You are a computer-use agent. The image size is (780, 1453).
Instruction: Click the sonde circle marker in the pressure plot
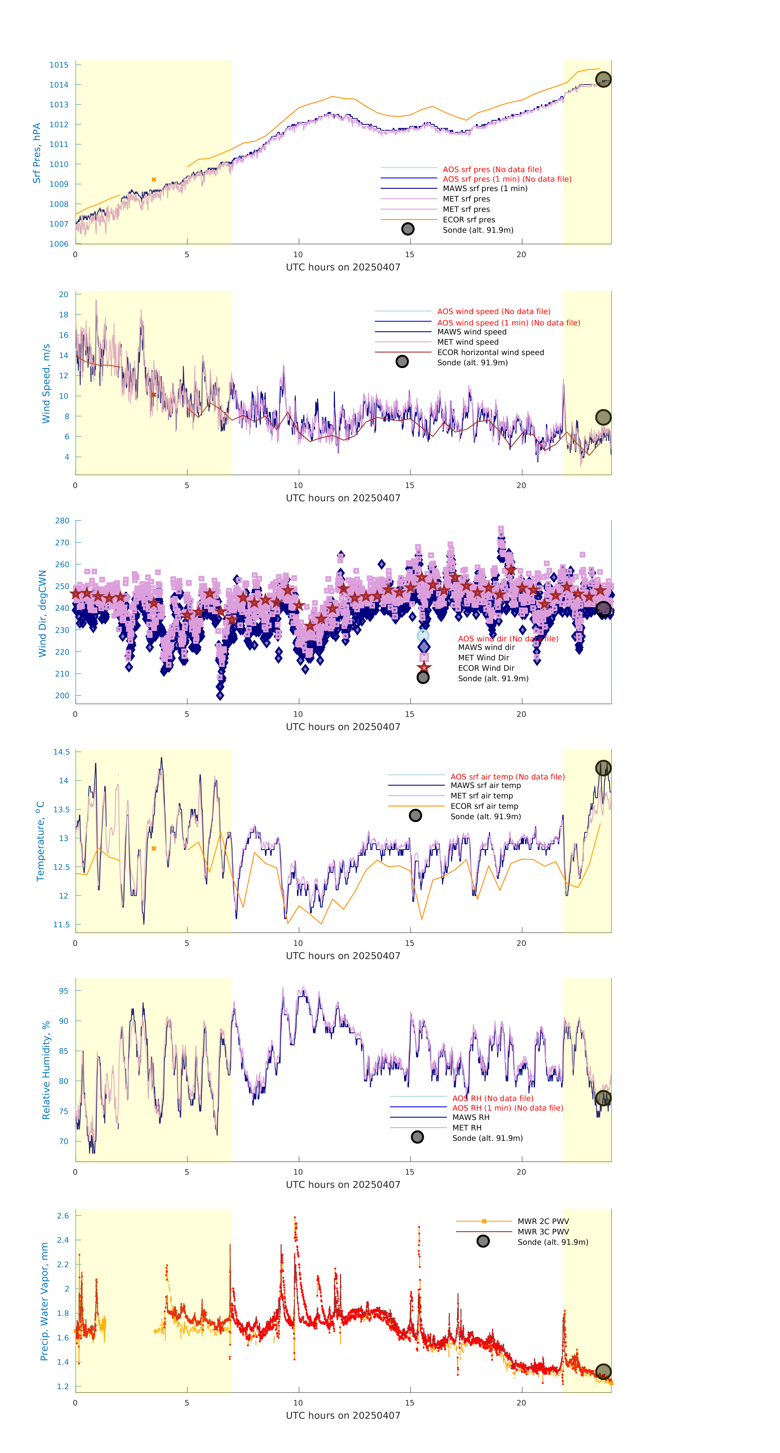point(603,80)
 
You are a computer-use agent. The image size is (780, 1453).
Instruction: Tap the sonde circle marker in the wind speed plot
point(603,417)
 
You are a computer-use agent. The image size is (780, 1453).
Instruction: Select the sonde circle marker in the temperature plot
point(603,768)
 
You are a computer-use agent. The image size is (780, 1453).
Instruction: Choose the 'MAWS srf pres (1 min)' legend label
point(485,188)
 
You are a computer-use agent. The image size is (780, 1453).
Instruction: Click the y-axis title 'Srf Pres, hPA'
point(37,153)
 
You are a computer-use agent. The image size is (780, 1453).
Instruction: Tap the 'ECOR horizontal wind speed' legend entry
point(490,353)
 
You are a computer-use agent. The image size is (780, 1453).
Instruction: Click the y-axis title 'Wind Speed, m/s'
point(46,384)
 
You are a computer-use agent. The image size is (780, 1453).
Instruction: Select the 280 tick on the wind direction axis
point(62,521)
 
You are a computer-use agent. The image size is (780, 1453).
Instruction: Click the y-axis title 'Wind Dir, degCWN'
point(42,613)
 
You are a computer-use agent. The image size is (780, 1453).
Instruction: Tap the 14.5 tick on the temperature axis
point(61,752)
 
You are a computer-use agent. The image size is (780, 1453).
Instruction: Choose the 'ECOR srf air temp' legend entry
point(484,806)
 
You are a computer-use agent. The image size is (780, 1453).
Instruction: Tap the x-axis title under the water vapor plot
point(343,1416)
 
